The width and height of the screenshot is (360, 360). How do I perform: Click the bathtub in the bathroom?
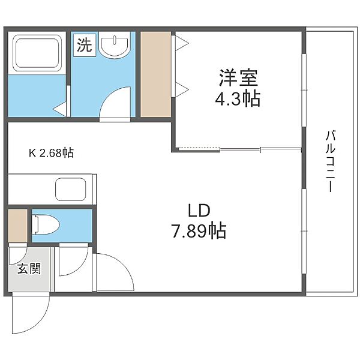coord(37,53)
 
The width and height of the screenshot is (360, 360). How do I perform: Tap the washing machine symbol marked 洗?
coord(85,44)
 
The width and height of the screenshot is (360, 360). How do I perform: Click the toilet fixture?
coord(46,225)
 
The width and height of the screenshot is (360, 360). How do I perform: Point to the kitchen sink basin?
coord(70,190)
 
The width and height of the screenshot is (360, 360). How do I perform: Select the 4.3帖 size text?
coord(238,99)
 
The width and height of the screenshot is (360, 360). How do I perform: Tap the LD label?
coord(199,211)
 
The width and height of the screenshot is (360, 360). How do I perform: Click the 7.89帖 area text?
coord(199,230)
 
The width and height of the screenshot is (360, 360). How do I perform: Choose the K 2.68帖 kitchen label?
coord(52,152)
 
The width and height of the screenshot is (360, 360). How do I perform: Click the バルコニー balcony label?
coord(330,161)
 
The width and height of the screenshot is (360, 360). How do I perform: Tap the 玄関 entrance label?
coord(29,269)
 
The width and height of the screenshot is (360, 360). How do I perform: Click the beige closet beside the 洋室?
coord(155,74)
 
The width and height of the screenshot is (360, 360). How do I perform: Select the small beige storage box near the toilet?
coord(18,226)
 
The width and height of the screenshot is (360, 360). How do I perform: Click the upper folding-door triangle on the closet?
coord(182,43)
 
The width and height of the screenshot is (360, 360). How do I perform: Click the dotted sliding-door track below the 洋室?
coord(199,148)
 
